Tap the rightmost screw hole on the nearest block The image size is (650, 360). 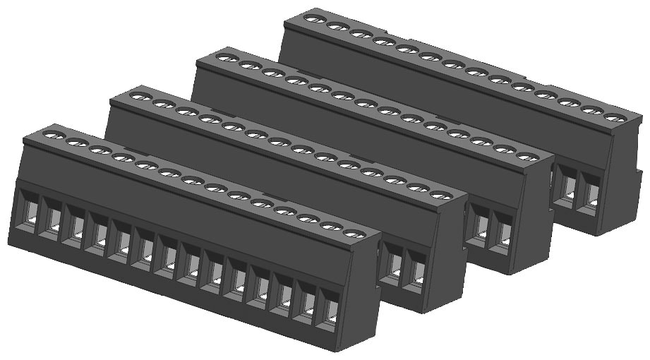(x=354, y=234)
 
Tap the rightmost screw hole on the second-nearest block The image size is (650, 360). (x=440, y=195)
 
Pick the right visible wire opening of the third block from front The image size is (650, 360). (x=503, y=233)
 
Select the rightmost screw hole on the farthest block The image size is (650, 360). (x=615, y=118)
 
